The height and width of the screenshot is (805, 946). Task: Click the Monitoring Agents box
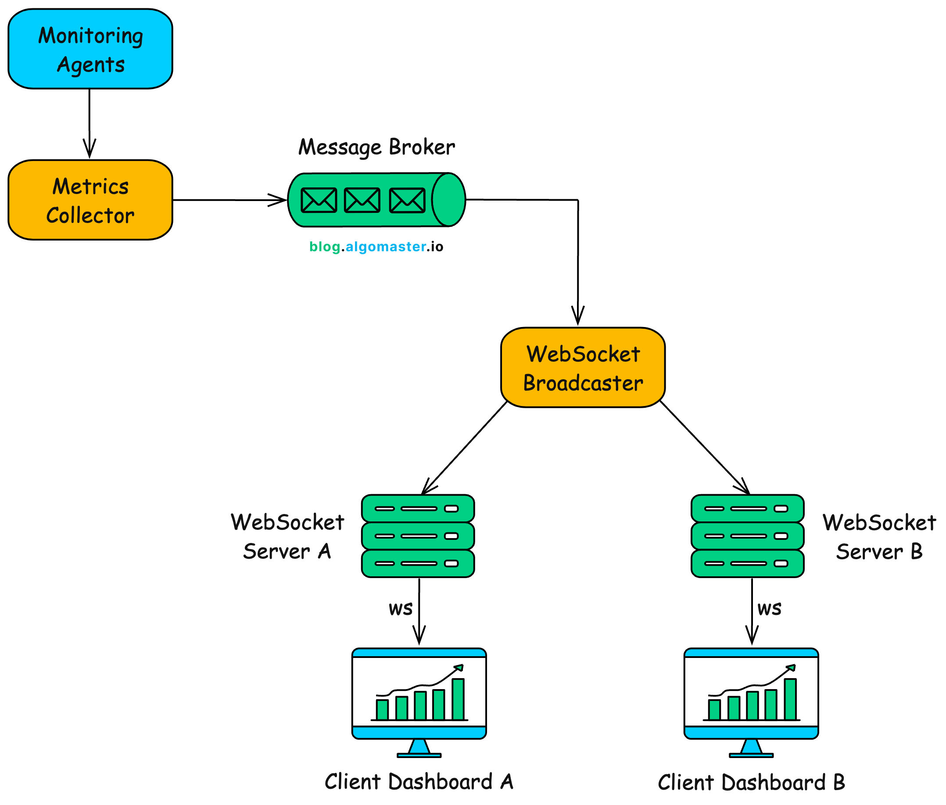click(90, 49)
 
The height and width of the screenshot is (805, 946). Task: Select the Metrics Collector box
click(90, 199)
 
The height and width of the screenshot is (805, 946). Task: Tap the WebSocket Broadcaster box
click(582, 367)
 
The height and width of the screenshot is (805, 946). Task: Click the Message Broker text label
click(376, 147)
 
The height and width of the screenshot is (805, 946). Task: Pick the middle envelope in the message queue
click(362, 200)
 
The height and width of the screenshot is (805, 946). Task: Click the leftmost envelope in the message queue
click(319, 200)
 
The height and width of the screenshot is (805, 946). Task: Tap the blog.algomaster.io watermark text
click(376, 246)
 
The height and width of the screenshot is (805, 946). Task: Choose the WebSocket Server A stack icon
click(418, 536)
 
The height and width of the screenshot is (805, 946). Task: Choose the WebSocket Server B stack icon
click(747, 536)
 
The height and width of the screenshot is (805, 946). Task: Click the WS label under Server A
click(401, 609)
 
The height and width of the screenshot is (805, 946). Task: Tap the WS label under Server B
click(769, 609)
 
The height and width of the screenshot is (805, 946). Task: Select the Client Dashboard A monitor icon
click(419, 694)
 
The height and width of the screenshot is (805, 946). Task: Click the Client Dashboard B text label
click(751, 782)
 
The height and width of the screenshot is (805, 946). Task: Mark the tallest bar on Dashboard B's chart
click(790, 699)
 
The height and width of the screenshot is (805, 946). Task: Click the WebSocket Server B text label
click(878, 537)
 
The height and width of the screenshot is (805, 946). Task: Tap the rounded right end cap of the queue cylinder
click(449, 199)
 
